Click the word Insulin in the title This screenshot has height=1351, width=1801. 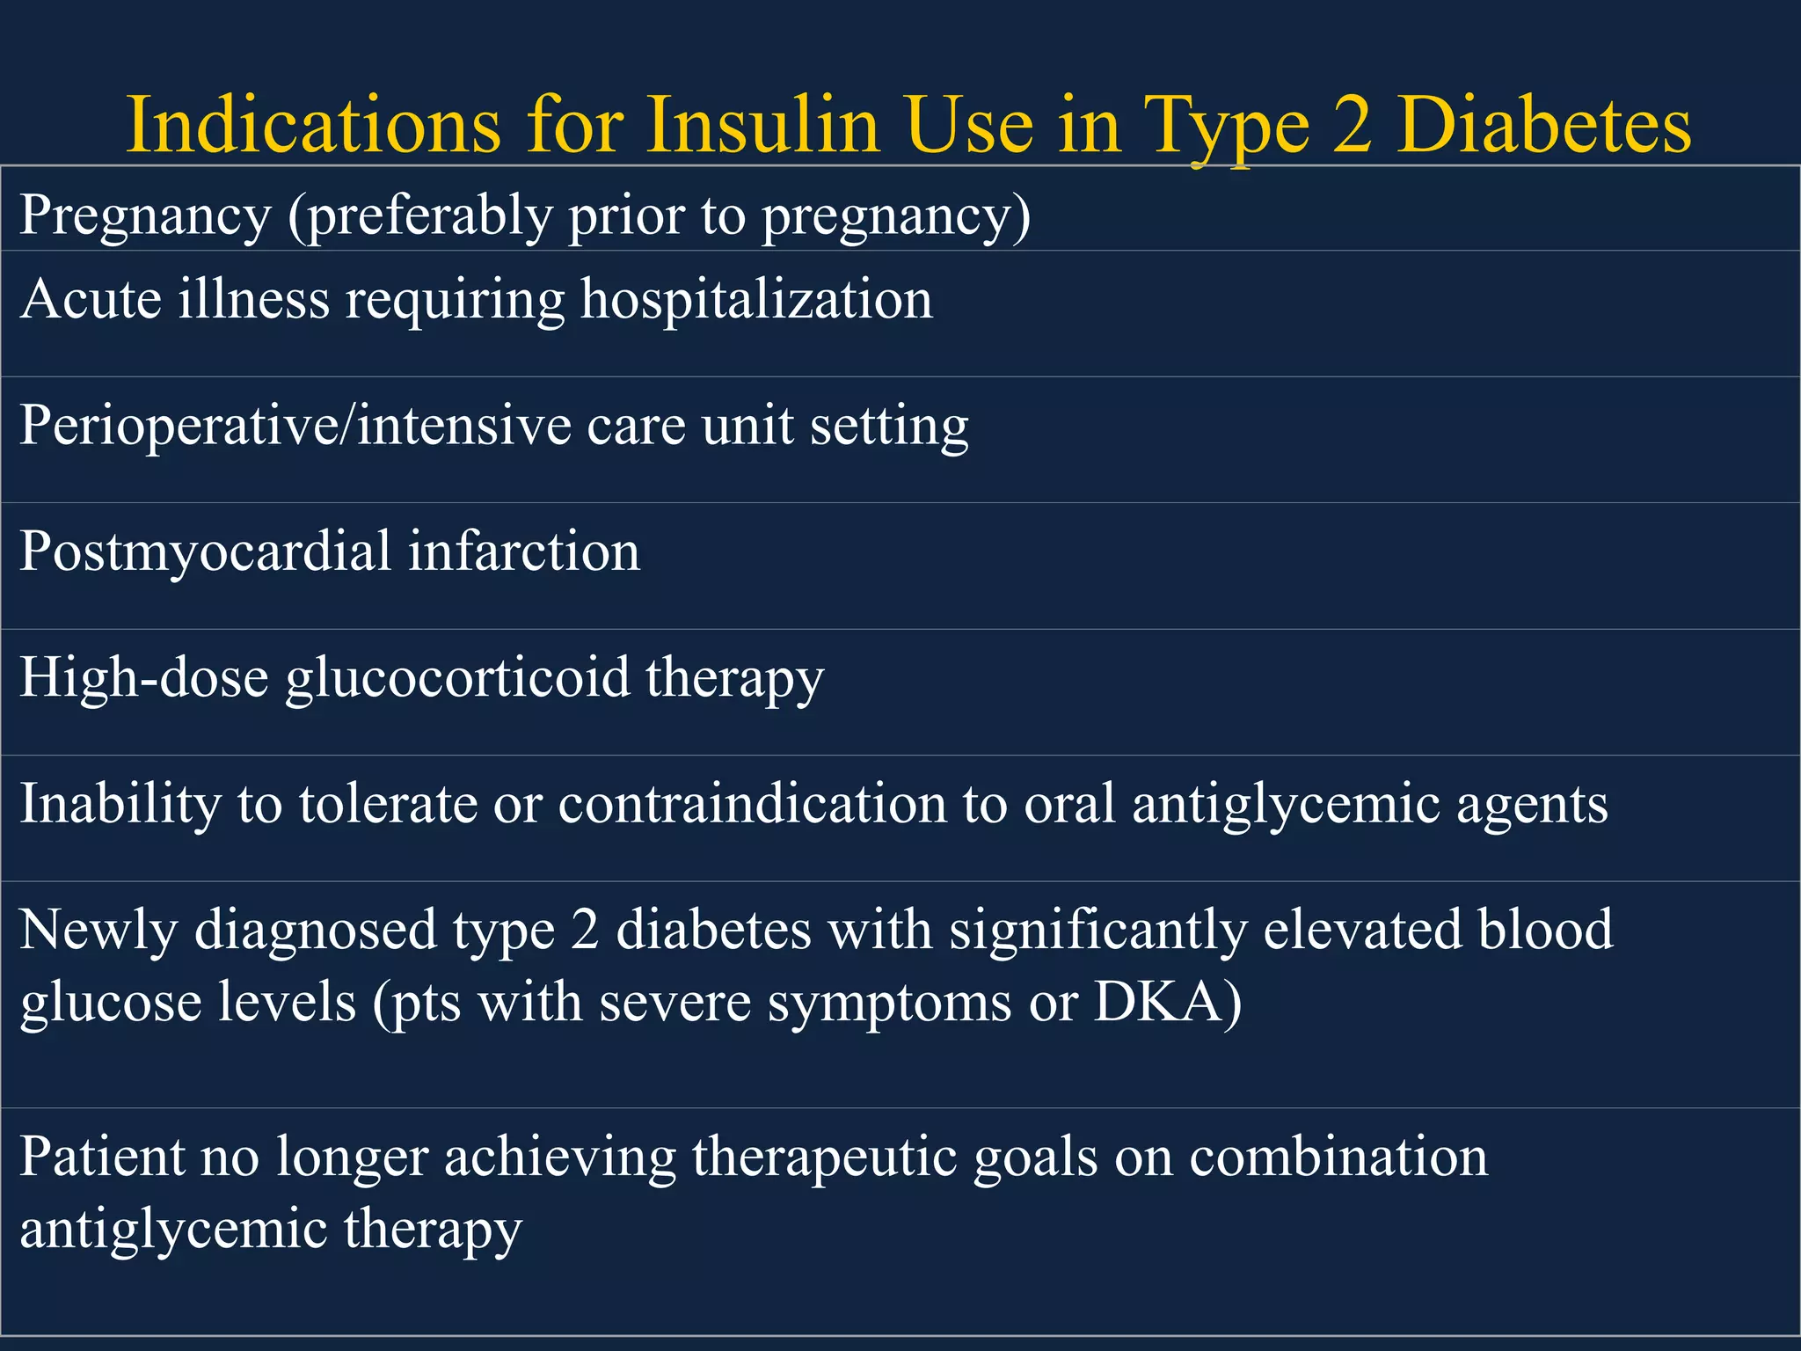763,124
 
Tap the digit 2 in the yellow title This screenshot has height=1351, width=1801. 1352,124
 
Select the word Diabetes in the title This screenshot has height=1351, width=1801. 1543,124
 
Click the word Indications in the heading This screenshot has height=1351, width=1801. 313,124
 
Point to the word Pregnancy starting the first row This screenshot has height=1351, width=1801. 145,215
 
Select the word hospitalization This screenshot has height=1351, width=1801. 756,299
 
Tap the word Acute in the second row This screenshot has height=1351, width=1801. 91,299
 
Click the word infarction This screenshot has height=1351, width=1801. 524,552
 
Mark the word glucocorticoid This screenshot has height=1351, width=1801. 457,678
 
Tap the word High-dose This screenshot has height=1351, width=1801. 143,678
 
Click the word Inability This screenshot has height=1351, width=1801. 120,804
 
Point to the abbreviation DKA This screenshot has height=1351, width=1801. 1159,1002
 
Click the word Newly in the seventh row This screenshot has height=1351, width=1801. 98,930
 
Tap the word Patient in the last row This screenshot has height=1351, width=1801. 102,1157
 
